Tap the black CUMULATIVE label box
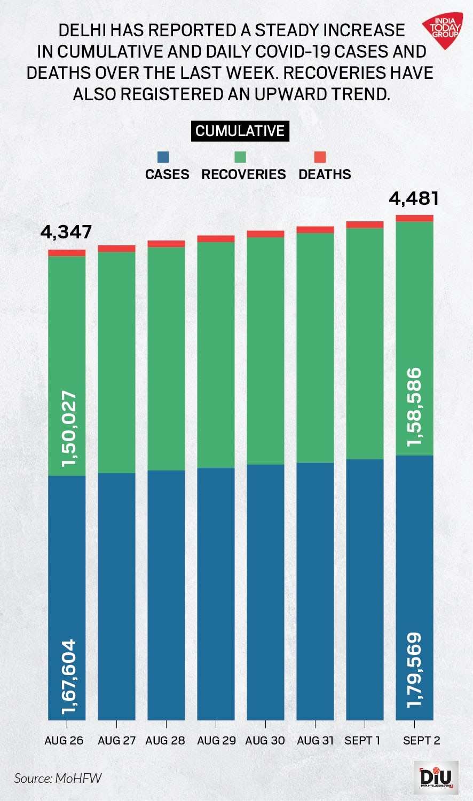[x=240, y=131]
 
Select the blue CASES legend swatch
[x=163, y=157]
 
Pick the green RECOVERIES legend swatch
[x=240, y=157]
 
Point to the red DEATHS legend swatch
[x=320, y=157]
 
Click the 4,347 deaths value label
[x=66, y=233]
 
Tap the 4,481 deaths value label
[x=414, y=199]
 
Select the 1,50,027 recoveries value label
[x=69, y=429]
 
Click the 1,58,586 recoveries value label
[x=414, y=406]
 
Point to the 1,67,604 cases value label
[x=69, y=676]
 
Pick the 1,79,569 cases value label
[x=414, y=670]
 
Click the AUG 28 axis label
[x=165, y=740]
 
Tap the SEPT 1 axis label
[x=362, y=740]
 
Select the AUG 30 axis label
[x=265, y=740]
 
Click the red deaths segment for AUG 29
[x=216, y=239]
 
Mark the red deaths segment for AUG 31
[x=315, y=230]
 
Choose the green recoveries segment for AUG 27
[x=116, y=363]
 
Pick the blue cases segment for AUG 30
[x=265, y=592]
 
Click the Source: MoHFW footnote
[x=58, y=778]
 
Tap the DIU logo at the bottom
[x=436, y=778]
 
